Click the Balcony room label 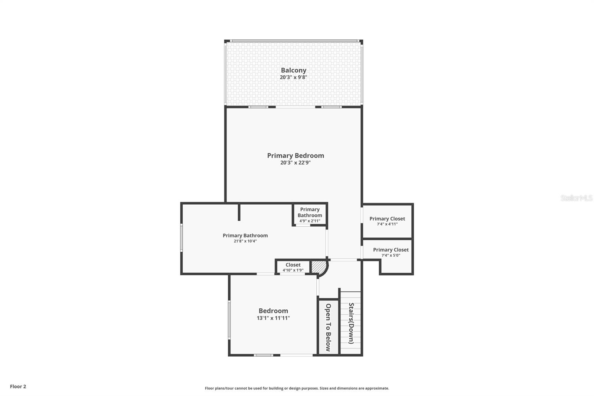[x=293, y=70]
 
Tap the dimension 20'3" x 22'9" [x=295, y=163]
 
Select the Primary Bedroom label [x=296, y=155]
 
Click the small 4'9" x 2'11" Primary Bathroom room [x=310, y=214]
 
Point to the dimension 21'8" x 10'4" [x=245, y=241]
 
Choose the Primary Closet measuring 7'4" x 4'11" [x=387, y=221]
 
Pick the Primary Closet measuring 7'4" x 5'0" [x=391, y=252]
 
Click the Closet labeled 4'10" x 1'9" [x=293, y=267]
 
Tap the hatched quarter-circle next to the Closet [x=318, y=267]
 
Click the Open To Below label [x=328, y=327]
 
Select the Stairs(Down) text [x=351, y=323]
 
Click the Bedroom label [x=273, y=311]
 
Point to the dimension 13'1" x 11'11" [x=273, y=318]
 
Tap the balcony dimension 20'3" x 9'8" [x=293, y=78]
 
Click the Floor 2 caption [x=18, y=386]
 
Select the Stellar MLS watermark [x=576, y=198]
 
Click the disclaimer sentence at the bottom [x=297, y=388]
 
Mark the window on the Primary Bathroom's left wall [x=182, y=238]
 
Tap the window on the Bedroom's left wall [x=229, y=319]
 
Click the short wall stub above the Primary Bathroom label [x=239, y=212]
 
